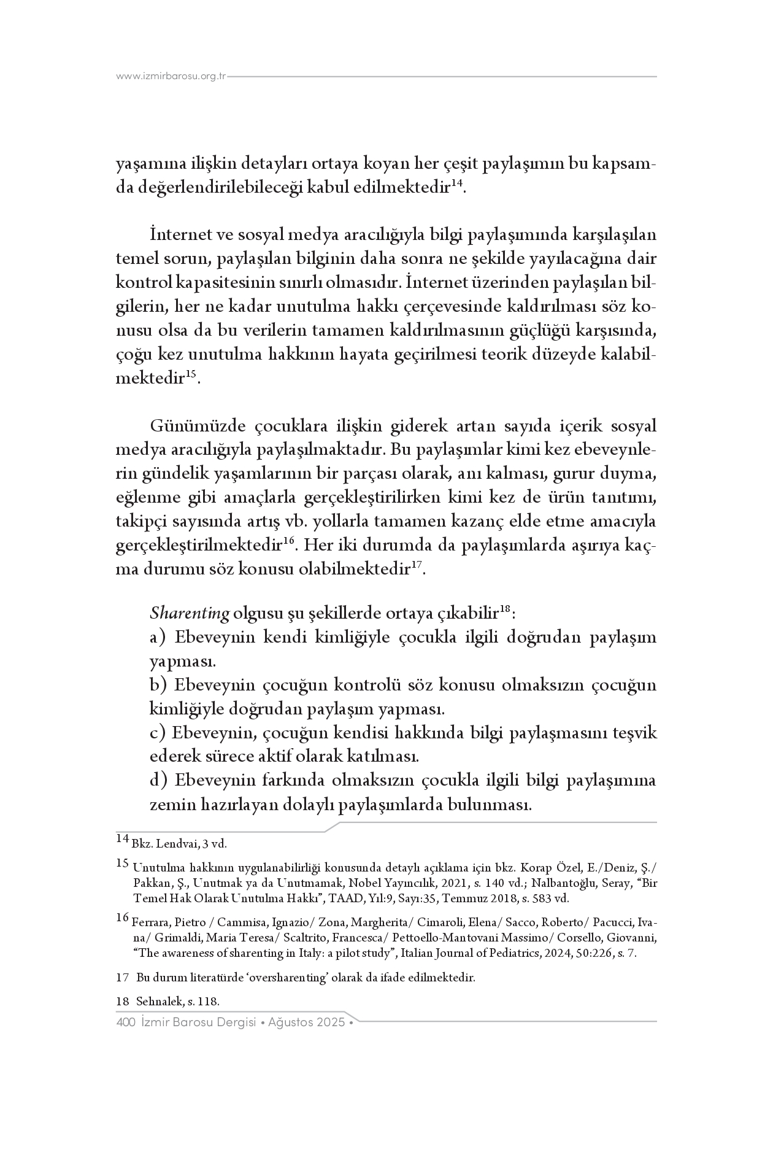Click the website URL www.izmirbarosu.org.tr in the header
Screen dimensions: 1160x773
tap(172, 77)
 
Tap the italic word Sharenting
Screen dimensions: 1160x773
tap(190, 613)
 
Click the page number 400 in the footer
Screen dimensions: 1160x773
tap(125, 1023)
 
